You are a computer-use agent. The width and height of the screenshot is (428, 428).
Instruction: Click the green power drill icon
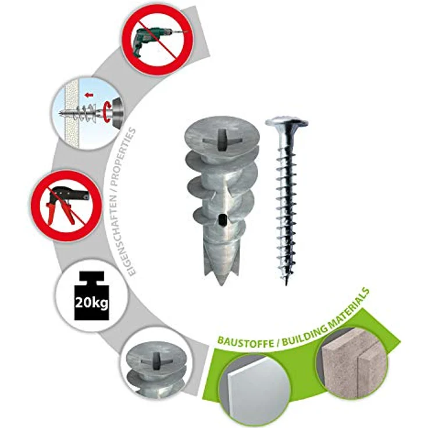pyautogui.click(x=156, y=41)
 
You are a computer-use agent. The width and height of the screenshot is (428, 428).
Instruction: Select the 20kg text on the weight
pyautogui.click(x=91, y=303)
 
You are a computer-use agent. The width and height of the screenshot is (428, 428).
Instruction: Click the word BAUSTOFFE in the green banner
pyautogui.click(x=245, y=342)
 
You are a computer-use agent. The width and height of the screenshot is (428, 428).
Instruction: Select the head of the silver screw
pyautogui.click(x=286, y=124)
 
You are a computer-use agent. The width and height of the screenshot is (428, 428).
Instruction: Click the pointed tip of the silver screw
pyautogui.click(x=286, y=284)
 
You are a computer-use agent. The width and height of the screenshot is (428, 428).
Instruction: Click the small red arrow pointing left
pyautogui.click(x=89, y=95)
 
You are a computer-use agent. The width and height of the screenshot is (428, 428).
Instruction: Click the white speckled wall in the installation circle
pyautogui.click(x=71, y=114)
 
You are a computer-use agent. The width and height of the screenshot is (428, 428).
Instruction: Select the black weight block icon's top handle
pyautogui.click(x=91, y=276)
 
